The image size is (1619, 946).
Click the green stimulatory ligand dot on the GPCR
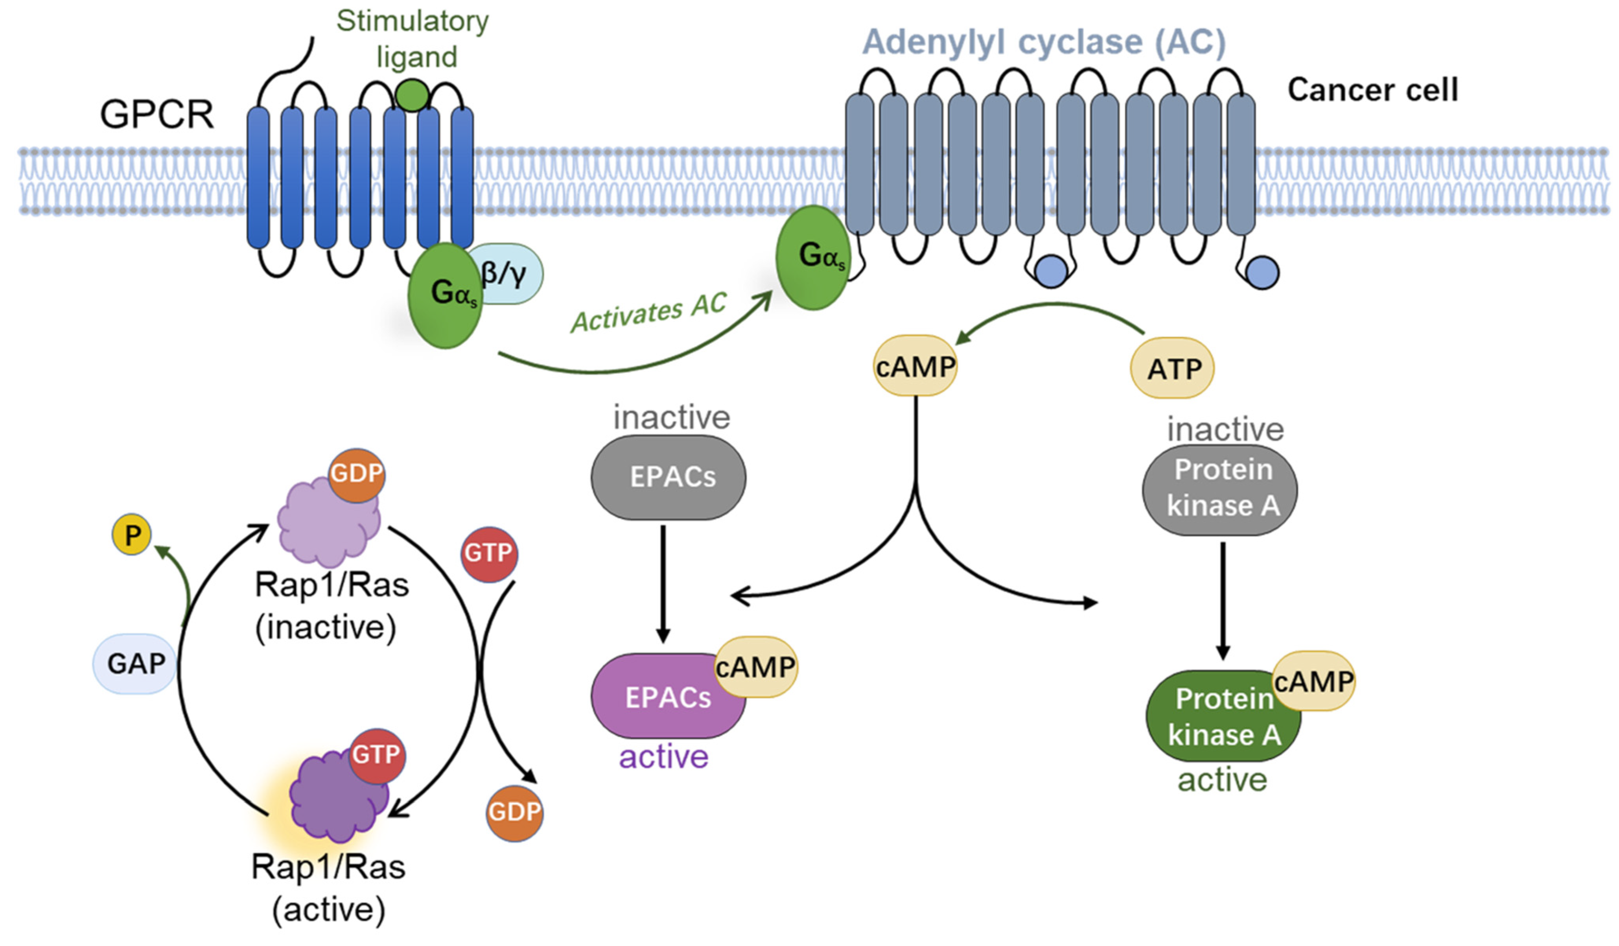coord(412,95)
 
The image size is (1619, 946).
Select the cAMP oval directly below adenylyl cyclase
coord(915,366)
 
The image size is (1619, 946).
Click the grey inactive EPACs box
coord(668,477)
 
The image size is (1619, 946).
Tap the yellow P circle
coord(132,534)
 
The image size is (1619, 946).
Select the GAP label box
coord(135,663)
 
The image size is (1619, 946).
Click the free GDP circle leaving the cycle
coord(514,812)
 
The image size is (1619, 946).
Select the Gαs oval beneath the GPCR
coord(445,296)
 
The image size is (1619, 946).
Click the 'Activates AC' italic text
coord(649,312)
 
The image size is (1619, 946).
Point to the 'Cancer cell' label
coord(1372,90)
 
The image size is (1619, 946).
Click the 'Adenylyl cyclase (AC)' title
coord(1044,42)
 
